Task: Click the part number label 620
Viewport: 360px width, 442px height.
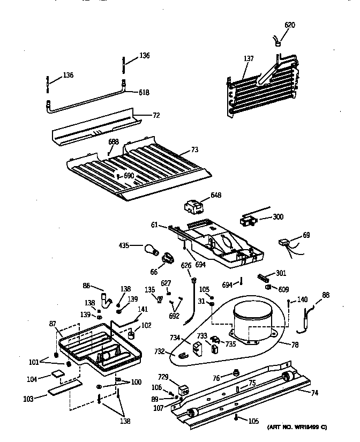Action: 289,25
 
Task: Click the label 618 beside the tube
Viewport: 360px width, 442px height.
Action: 144,93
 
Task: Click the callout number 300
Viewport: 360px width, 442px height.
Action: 278,217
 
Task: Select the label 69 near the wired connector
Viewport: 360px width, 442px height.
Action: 306,235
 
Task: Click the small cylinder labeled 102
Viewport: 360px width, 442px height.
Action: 130,336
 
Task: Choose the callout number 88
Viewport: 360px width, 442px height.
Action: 325,294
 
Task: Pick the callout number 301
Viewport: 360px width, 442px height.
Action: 281,272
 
